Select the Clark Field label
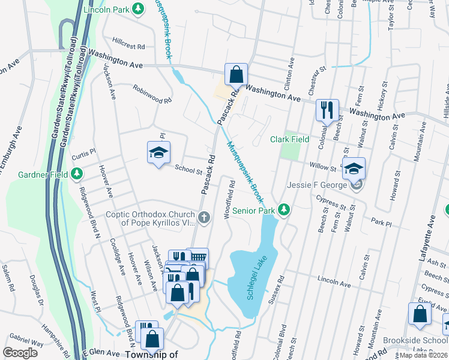point(289,139)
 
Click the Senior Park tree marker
point(285,210)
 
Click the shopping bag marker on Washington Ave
point(237,75)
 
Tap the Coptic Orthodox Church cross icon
point(204,218)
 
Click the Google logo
point(20,352)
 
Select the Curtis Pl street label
point(83,153)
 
